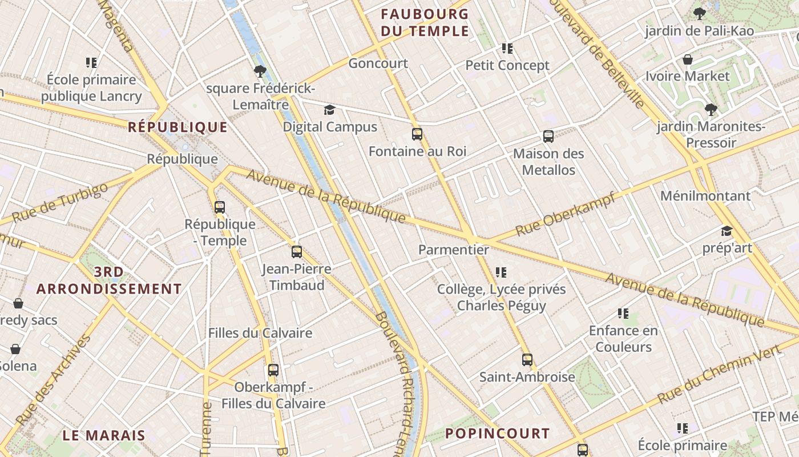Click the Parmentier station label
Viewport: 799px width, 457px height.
point(454,250)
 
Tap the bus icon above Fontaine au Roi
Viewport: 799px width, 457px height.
point(417,134)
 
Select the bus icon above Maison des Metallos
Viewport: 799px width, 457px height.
point(548,137)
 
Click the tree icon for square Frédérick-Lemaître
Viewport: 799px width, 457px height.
point(260,71)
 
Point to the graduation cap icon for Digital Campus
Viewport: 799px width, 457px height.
point(330,110)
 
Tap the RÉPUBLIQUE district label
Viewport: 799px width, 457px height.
point(177,127)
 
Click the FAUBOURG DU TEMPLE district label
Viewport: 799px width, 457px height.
point(425,22)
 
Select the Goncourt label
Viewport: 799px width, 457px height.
point(378,63)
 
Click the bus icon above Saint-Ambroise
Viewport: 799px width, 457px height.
point(527,360)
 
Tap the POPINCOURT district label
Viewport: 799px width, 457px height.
point(497,433)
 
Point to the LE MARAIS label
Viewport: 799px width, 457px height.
point(104,435)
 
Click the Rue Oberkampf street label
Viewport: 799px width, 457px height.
point(565,214)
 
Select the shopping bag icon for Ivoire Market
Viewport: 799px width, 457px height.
point(688,59)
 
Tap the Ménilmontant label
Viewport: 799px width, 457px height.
point(705,196)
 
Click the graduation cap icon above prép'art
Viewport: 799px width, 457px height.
point(727,231)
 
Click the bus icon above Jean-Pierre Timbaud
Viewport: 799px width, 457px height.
point(297,252)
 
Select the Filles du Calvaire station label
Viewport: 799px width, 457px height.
point(260,333)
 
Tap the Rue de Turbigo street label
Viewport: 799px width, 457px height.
point(59,203)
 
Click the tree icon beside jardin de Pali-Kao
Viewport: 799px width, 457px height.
point(699,14)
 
